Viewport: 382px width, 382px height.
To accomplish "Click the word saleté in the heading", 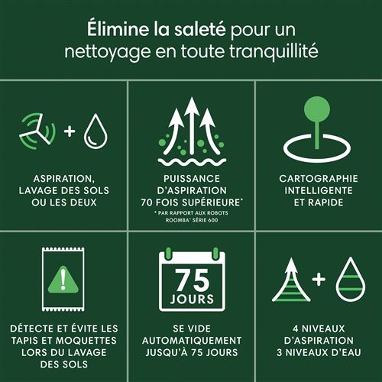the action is click(200, 29).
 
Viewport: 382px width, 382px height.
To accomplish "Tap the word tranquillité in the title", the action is click(274, 51).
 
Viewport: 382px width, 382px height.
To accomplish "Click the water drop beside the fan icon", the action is click(95, 131).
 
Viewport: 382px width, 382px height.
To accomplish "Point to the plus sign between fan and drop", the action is click(70, 131).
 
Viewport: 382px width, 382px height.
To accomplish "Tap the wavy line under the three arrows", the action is click(192, 162).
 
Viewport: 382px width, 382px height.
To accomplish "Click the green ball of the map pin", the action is click(317, 109).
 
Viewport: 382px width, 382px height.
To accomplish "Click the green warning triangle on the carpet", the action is click(63, 280).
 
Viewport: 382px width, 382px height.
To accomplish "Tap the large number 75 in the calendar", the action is click(193, 280).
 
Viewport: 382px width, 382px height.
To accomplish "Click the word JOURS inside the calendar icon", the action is click(193, 299).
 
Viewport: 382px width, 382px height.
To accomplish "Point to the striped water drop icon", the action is click(351, 280).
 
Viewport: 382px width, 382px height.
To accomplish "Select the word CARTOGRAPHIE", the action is click(319, 179).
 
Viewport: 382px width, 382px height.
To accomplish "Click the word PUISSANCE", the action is click(192, 179).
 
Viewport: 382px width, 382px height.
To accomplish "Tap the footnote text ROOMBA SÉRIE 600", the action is click(192, 220).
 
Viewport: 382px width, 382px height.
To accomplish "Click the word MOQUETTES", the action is click(86, 341).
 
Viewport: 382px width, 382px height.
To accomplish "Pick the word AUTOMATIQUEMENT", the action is click(192, 341).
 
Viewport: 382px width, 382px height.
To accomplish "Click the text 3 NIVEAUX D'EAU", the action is click(319, 352).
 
